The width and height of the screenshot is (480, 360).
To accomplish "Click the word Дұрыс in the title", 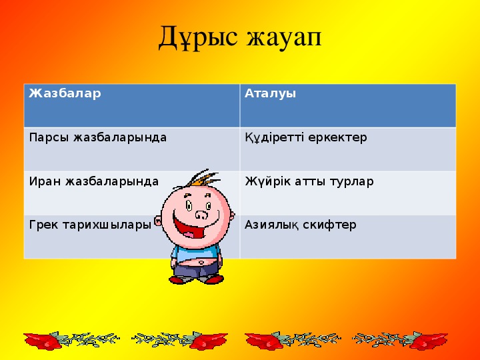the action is (x=197, y=37).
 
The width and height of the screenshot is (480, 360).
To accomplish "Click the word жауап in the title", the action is (x=284, y=39).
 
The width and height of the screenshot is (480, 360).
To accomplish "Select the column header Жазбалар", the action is (x=65, y=93).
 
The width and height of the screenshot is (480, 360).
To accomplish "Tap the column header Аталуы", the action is (x=270, y=93).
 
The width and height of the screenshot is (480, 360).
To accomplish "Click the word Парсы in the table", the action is (x=49, y=138).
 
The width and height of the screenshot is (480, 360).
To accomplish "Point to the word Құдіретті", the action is (x=274, y=138).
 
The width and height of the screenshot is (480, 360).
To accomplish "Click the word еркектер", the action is (x=337, y=138).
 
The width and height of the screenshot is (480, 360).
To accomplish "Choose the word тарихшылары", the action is (x=107, y=225).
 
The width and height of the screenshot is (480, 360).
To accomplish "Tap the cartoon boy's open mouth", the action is (x=192, y=227).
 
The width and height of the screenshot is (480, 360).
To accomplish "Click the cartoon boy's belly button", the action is (x=201, y=263).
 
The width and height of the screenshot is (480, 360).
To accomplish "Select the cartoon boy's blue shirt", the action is (x=196, y=252).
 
